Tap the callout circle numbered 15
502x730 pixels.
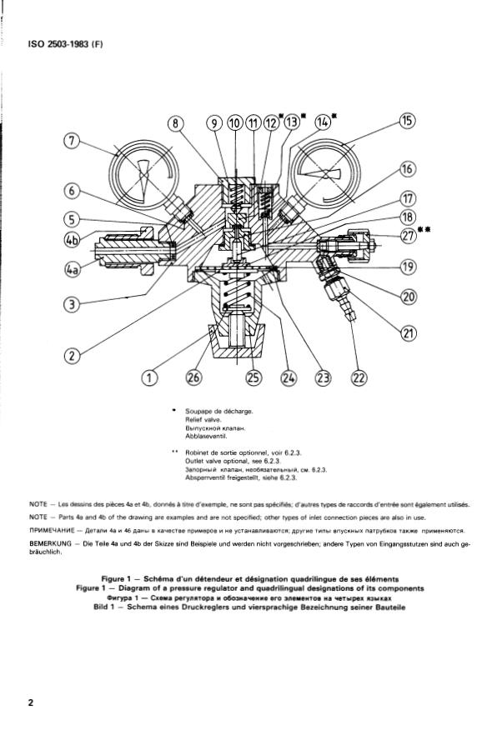tap(407, 122)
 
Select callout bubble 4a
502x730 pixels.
tap(72, 270)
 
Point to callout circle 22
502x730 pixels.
tap(359, 378)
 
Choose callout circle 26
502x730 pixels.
tap(193, 378)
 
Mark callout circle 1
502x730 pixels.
tap(150, 378)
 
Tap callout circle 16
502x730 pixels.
tap(407, 170)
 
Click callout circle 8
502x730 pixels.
tap(177, 123)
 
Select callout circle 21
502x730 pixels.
tap(408, 332)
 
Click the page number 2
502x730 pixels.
tap(31, 702)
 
